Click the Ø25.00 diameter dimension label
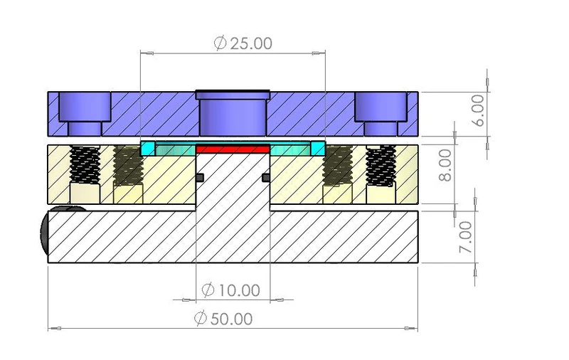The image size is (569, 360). coord(243,43)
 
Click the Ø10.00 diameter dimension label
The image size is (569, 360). coord(230,290)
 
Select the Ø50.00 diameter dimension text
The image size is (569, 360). coord(223,319)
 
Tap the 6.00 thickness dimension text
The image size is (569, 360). coord(478,110)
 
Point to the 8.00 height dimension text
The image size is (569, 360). coord(445,165)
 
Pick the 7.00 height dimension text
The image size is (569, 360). coord(466,237)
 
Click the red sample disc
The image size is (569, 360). coord(233,149)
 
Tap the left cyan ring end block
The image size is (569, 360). coord(147,149)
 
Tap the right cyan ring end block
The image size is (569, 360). coord(318,149)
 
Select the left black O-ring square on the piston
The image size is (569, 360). coord(200,177)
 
